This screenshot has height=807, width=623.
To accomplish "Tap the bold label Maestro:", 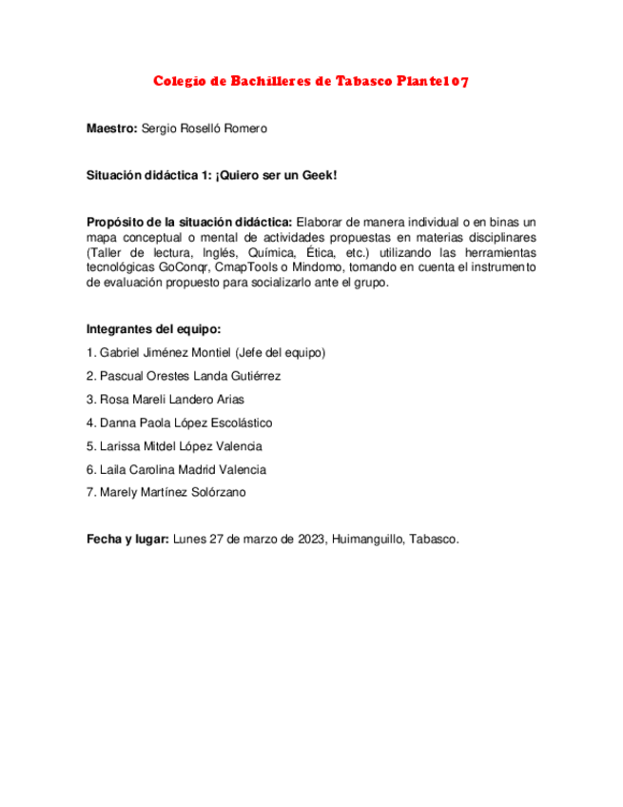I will pos(111,128).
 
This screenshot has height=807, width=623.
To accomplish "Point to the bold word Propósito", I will pos(119,222).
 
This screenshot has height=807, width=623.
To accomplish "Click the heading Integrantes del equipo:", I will pos(153,329).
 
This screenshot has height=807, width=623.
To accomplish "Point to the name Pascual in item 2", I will pos(122,376).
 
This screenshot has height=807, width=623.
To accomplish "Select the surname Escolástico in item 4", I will pos(241,423).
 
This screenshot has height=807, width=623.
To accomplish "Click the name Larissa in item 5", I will pos(121,446).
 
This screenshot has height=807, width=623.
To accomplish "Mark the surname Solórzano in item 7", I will pos(218,492).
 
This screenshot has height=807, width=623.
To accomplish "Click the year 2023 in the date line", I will pos(309,540).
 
